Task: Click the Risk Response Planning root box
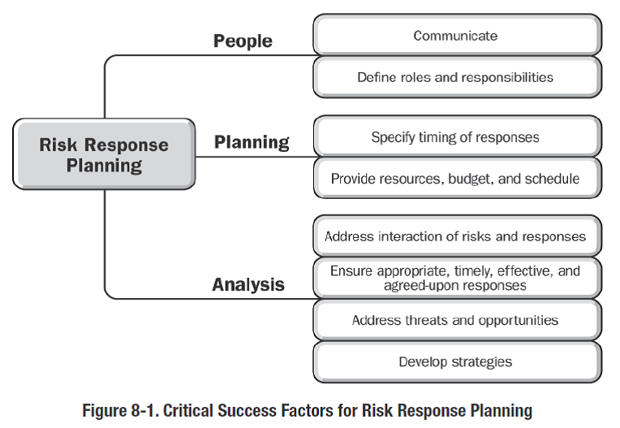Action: tap(104, 154)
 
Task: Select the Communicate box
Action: tap(456, 36)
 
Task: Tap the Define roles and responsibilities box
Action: tap(456, 78)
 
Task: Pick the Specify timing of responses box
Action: tap(456, 137)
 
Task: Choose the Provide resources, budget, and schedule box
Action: tap(456, 179)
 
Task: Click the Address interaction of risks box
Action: tap(456, 237)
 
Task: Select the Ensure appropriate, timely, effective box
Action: tap(456, 278)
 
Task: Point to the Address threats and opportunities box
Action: tap(456, 320)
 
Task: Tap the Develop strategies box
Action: tap(456, 361)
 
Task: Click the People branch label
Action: tap(243, 41)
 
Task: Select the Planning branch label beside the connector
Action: tap(252, 143)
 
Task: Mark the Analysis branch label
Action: tap(248, 285)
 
